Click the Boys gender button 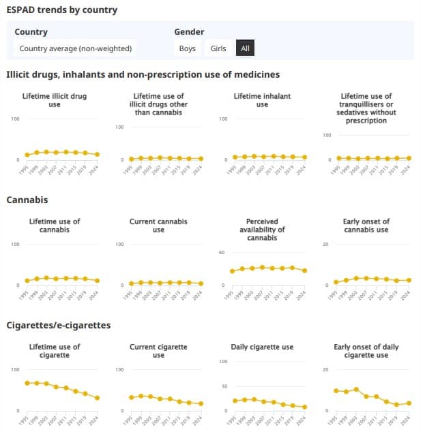pos(187,48)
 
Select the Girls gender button pos(218,48)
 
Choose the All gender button pos(246,48)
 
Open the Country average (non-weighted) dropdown pos(76,48)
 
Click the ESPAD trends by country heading pos(61,10)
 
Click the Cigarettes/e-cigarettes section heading pos(58,325)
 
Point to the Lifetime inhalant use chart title pos(262,100)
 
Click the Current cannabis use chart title pos(158,226)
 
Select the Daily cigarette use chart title pos(262,347)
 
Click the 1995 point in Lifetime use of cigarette pos(27,383)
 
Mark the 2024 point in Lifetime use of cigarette pos(98,398)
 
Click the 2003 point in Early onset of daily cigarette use pos(356,389)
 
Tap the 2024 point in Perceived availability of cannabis pos(304,270)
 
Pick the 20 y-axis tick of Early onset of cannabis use pos(325,245)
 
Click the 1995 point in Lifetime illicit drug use pos(27,155)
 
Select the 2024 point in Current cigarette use pos(201,403)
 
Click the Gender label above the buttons pos(189,32)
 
